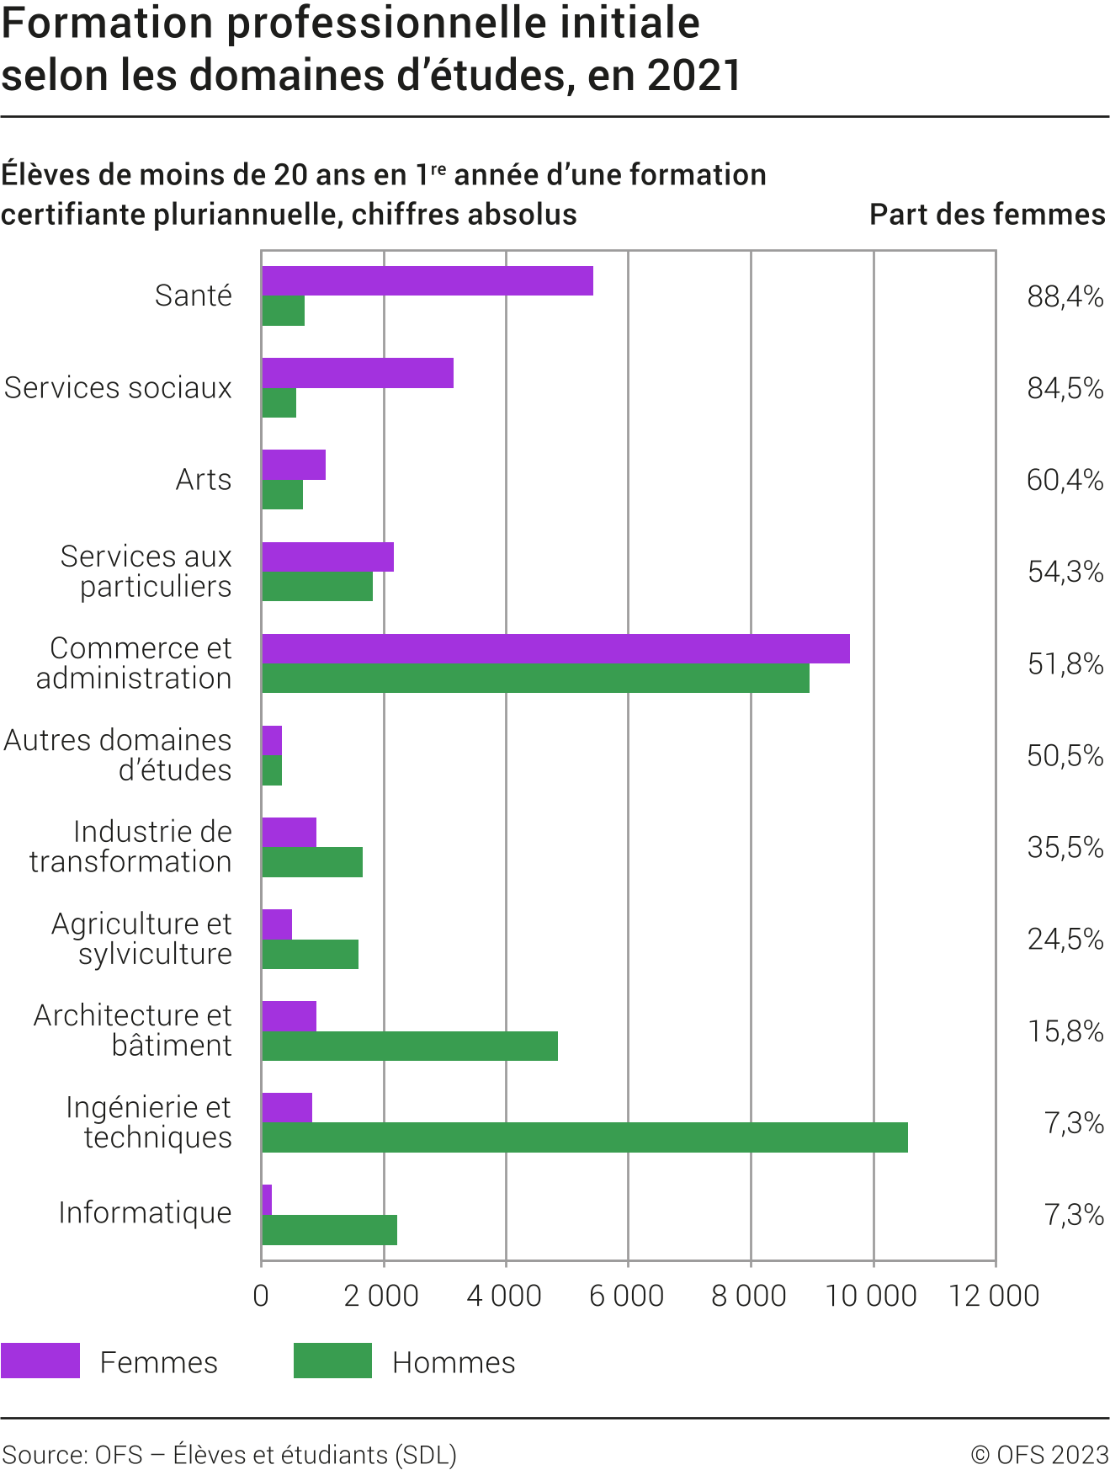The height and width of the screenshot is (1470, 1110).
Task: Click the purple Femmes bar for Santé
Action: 428,280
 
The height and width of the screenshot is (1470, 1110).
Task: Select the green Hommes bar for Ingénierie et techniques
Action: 584,1137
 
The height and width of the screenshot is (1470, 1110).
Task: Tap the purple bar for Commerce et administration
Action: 555,648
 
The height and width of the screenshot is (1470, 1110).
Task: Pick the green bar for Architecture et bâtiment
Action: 409,1046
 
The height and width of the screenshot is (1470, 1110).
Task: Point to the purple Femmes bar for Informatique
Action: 267,1200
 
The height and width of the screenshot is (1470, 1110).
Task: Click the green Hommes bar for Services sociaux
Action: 279,403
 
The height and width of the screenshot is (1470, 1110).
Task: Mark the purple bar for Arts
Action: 294,465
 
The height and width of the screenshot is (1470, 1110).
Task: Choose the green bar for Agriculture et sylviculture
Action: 310,954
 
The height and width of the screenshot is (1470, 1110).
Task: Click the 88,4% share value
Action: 1065,296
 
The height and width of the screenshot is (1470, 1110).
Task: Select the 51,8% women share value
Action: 1065,664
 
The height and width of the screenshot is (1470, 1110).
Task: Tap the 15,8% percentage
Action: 1065,1031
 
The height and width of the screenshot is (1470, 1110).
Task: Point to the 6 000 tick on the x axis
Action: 627,1296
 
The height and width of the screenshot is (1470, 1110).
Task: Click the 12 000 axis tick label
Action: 994,1296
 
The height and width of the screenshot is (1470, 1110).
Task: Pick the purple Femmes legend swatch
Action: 40,1361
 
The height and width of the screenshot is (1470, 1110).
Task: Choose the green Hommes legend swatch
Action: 332,1361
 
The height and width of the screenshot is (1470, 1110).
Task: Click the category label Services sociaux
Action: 118,388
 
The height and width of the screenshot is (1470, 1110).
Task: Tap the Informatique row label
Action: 145,1213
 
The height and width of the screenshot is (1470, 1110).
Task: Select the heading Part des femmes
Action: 987,215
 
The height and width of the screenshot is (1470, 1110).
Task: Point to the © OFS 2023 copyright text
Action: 1039,1455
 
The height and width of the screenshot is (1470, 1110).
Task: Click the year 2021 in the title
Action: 695,75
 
